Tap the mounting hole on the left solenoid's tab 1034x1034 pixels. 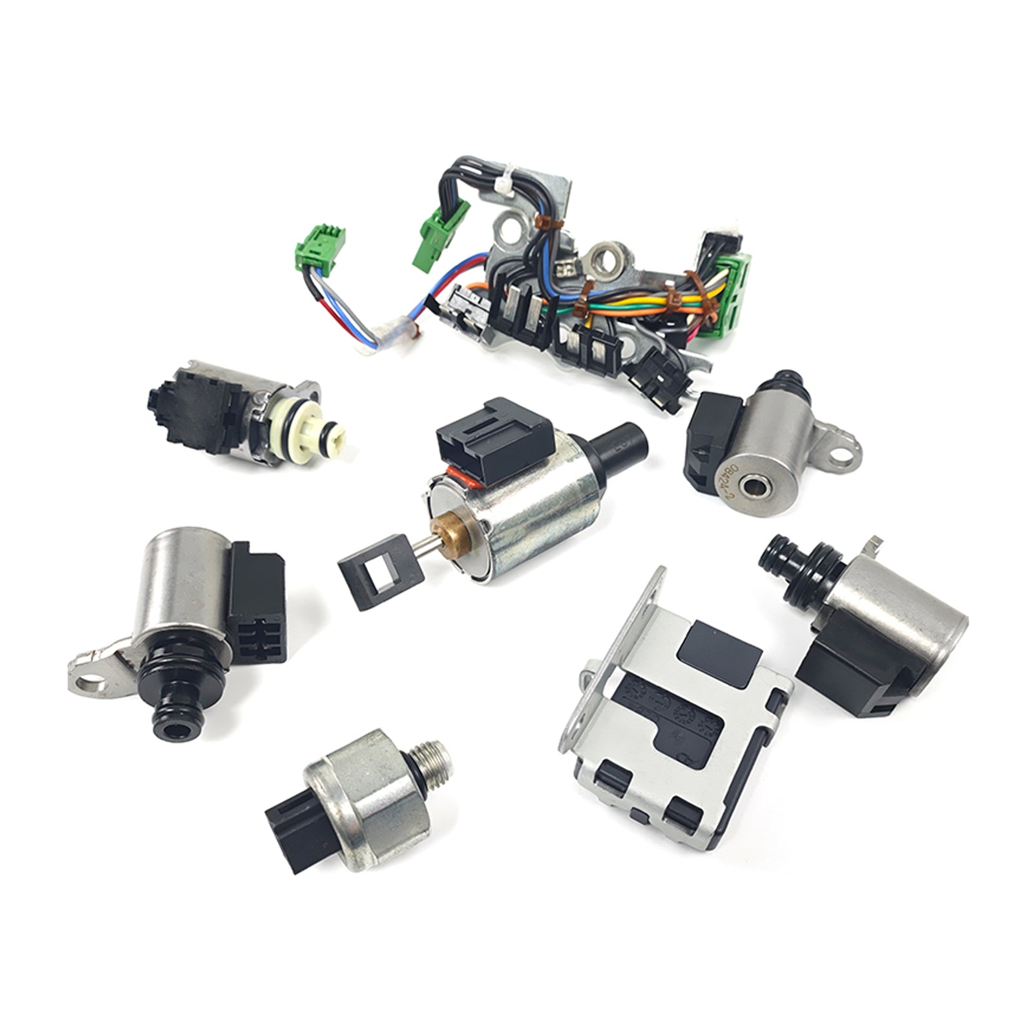(x=97, y=682)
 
